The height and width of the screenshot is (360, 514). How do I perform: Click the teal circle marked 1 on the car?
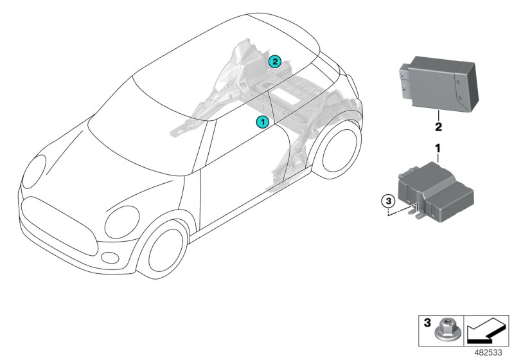point(262,121)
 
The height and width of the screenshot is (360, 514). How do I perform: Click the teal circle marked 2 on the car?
point(275,62)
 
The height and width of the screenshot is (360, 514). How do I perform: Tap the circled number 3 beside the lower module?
point(387,201)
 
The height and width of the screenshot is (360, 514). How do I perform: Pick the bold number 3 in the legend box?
point(426,324)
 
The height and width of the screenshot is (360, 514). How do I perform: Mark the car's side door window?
point(235,145)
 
